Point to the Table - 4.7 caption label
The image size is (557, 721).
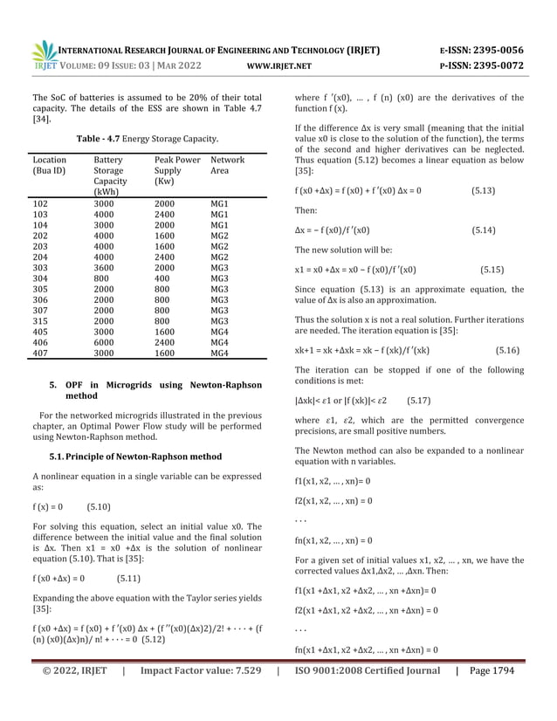pos(103,140)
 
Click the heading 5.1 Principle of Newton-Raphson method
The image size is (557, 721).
pos(135,457)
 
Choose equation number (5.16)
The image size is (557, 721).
pos(507,350)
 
